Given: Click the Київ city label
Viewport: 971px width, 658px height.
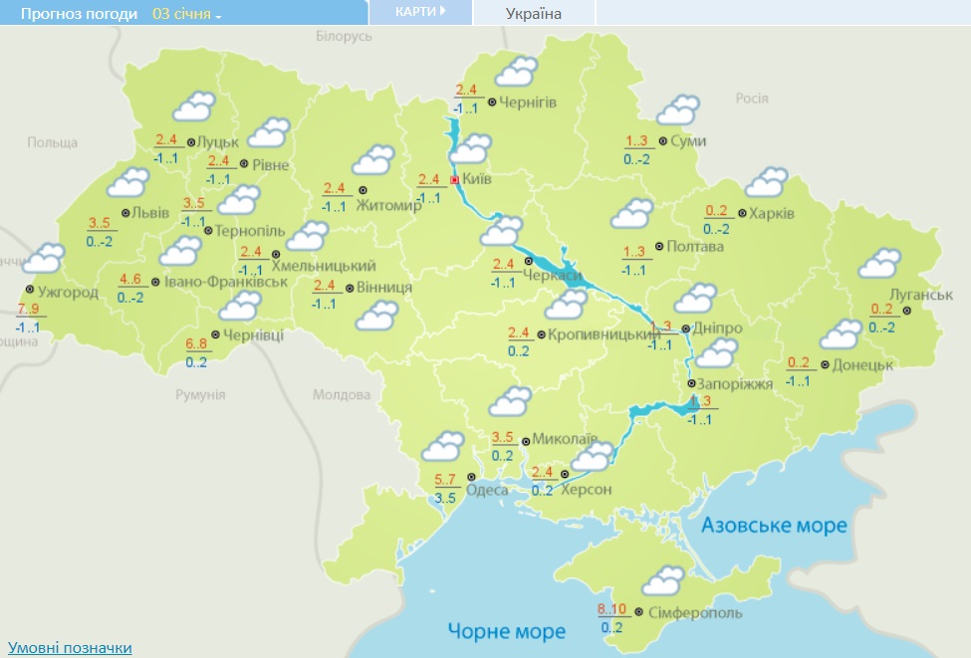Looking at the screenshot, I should [479, 180].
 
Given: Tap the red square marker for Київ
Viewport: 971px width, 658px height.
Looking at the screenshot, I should [455, 180].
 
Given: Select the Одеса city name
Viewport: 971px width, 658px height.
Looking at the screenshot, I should [487, 490].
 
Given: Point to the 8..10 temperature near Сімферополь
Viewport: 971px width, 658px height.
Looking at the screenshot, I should [611, 609].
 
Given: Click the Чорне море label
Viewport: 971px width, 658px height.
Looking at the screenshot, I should [506, 631].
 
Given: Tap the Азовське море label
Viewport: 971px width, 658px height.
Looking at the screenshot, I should [774, 525].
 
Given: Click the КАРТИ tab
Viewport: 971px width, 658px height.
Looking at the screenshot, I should [419, 12].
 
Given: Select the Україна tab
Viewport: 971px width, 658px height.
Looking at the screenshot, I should [533, 13].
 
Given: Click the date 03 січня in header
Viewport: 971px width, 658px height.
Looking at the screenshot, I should [186, 14].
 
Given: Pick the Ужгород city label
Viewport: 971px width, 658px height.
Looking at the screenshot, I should [68, 292].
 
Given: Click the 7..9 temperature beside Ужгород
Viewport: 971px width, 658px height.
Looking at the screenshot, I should [28, 309].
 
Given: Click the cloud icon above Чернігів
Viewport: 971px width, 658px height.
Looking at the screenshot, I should [516, 72].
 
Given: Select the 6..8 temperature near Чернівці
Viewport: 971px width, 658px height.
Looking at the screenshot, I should [196, 343].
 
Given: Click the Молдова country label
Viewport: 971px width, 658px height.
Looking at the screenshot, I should [342, 394].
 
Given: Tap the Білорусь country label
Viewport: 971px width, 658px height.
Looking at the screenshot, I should [344, 36].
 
